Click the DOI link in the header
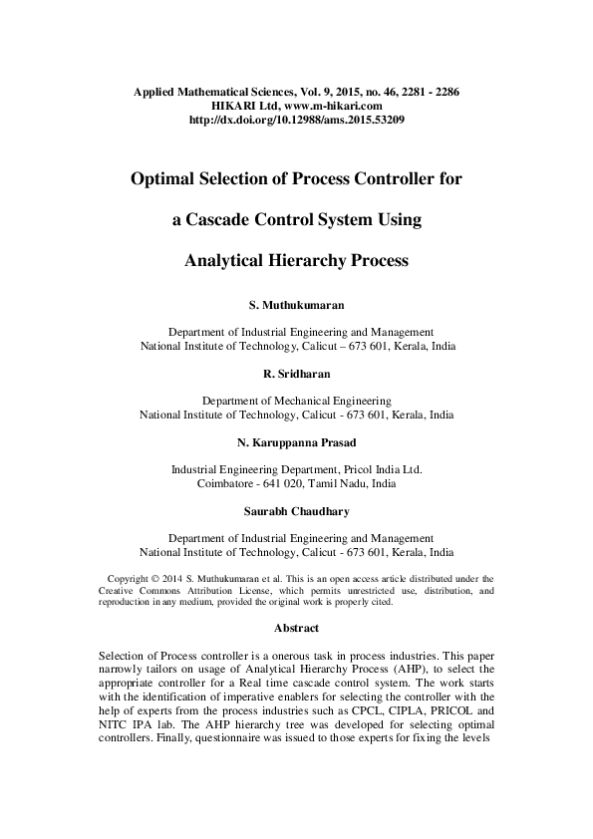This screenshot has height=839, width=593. (296, 119)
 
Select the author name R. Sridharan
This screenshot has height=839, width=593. (296, 372)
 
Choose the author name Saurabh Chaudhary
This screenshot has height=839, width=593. (296, 511)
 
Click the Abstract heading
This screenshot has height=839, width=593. (296, 628)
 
